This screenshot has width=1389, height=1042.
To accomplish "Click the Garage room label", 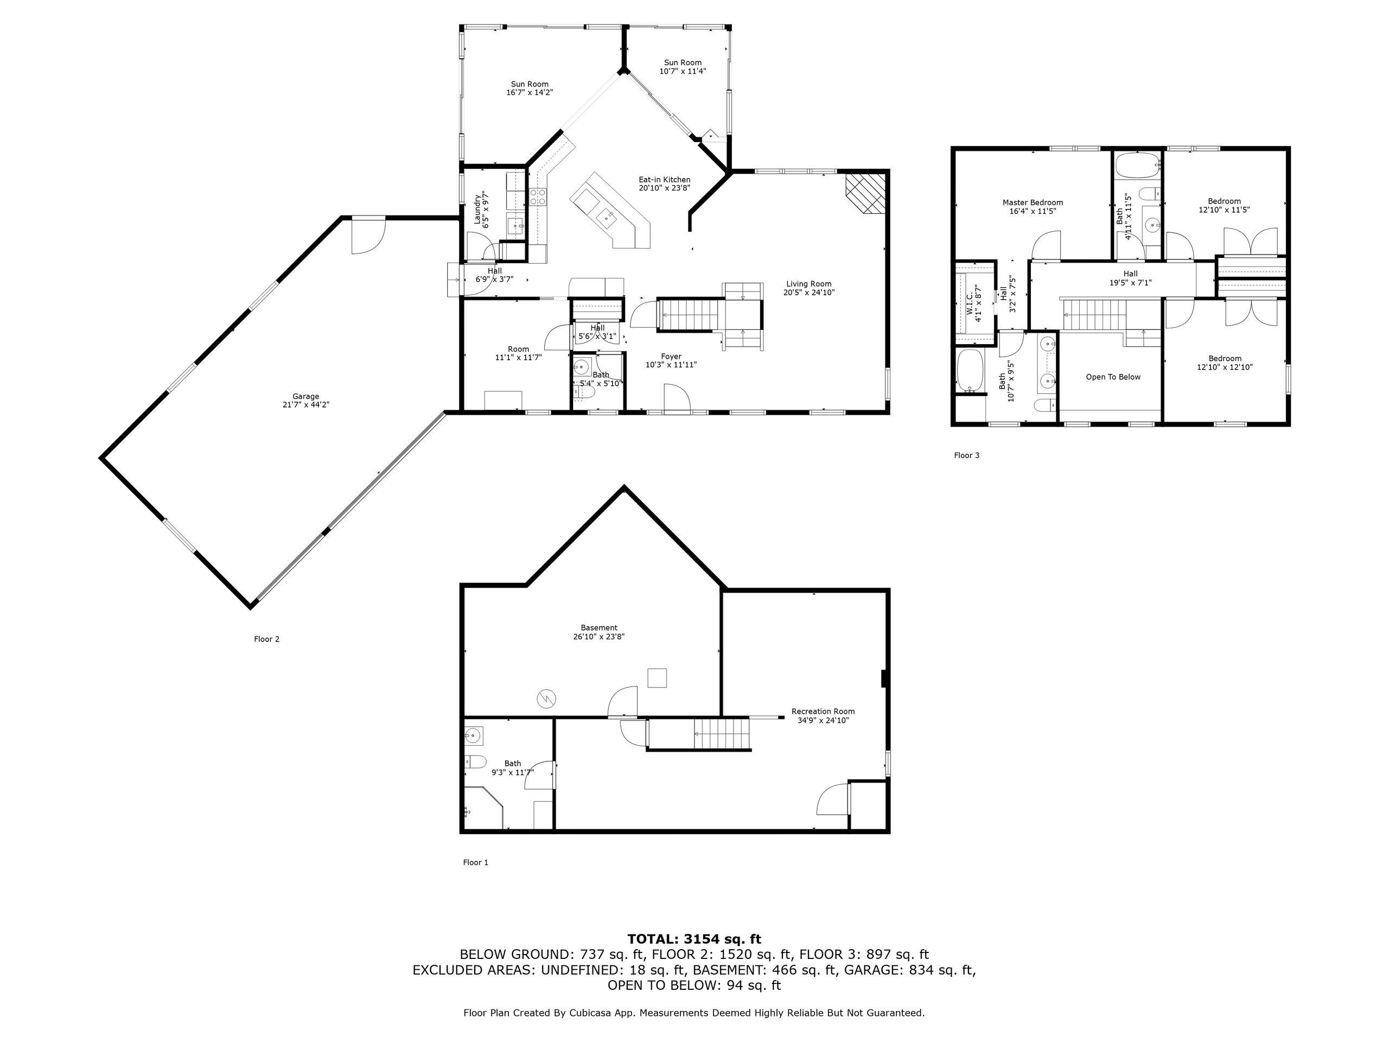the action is click(x=306, y=401).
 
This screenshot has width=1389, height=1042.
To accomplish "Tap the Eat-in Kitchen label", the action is click(x=664, y=183).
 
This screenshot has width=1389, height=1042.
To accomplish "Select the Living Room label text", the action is click(x=809, y=288).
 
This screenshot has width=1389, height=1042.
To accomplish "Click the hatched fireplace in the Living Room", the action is click(x=865, y=194).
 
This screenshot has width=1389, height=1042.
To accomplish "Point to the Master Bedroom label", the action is click(x=1033, y=207).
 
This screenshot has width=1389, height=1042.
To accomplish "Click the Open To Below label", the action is click(x=1113, y=377).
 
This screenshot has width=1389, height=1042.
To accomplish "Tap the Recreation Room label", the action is click(x=823, y=716).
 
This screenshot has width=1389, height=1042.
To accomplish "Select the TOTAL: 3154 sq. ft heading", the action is click(x=694, y=939).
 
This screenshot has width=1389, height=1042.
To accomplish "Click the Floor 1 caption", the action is click(x=475, y=862).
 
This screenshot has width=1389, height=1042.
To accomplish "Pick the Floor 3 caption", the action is click(x=966, y=455).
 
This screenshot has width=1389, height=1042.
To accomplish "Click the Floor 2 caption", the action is click(x=266, y=639).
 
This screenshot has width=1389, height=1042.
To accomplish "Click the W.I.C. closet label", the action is click(x=973, y=305).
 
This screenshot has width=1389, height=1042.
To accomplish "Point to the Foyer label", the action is click(x=671, y=360).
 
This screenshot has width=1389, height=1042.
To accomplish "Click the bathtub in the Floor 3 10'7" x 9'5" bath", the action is click(x=970, y=371).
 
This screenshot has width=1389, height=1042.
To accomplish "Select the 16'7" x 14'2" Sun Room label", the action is click(x=530, y=88).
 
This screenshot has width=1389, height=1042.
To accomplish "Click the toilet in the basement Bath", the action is click(x=475, y=762).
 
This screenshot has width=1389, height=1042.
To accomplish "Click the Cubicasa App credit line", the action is click(x=694, y=1013).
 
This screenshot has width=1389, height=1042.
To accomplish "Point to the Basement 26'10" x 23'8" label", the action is click(x=598, y=632).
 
